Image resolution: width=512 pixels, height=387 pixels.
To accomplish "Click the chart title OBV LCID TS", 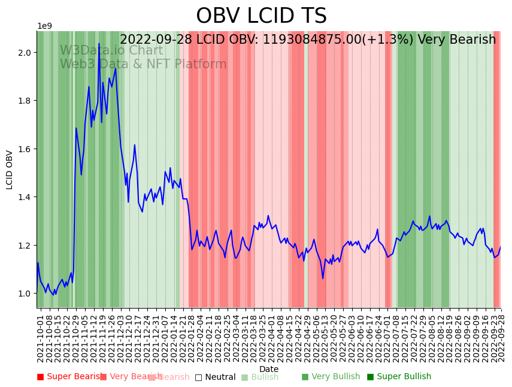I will click(x=261, y=16).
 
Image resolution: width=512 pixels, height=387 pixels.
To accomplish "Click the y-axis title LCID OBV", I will click(x=10, y=170).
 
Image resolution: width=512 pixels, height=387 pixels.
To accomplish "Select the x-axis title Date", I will click(x=269, y=369).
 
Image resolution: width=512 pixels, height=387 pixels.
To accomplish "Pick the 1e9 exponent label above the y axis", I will click(x=45, y=26).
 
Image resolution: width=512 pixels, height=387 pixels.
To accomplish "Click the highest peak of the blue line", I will click(x=99, y=44).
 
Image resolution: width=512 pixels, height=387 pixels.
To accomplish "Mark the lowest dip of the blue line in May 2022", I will click(x=323, y=278).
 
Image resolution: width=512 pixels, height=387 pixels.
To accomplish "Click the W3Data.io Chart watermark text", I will click(x=111, y=51).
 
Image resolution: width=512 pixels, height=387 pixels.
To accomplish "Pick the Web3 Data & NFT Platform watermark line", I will click(x=143, y=65).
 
